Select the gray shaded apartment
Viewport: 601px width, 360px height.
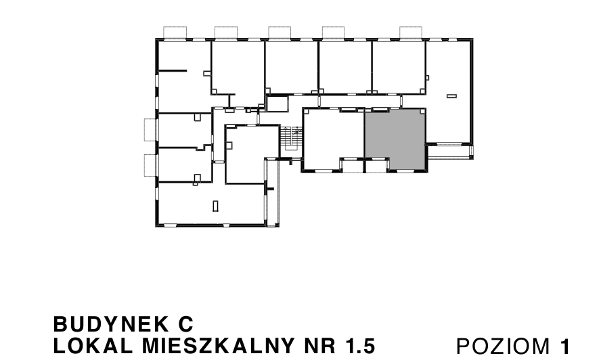coord(395,139)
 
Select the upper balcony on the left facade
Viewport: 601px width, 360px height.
coord(150,129)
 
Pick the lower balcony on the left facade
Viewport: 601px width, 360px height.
coord(150,165)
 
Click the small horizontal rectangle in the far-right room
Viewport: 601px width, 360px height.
coord(451,97)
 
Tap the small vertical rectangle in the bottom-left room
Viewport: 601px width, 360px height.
coord(215,205)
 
